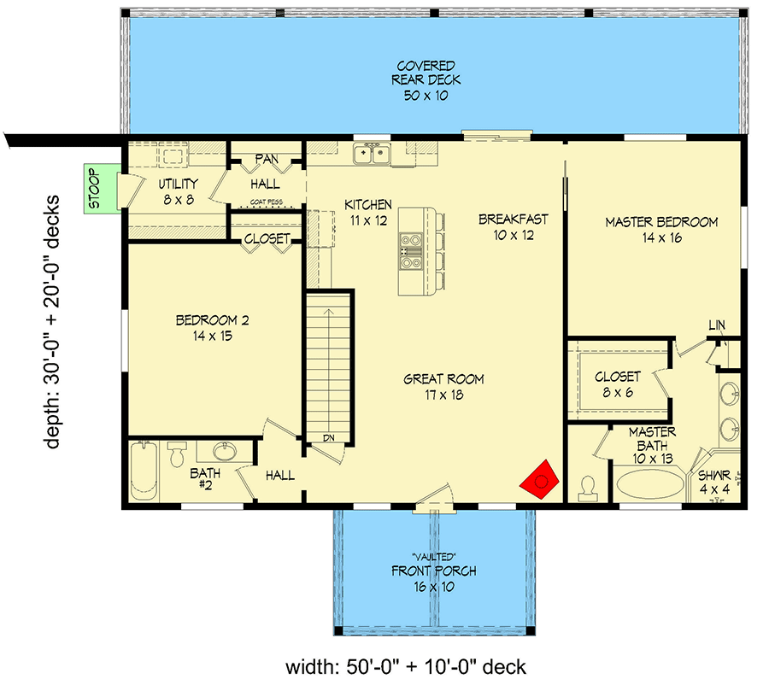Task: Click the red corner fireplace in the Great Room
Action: click(x=540, y=481)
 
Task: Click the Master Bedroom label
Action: click(x=661, y=230)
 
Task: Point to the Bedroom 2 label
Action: click(x=212, y=328)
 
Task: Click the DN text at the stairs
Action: click(x=328, y=438)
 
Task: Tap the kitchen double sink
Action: click(x=373, y=155)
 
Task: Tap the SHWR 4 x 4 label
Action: click(x=713, y=483)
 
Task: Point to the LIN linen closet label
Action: click(x=716, y=325)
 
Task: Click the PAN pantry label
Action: click(x=265, y=159)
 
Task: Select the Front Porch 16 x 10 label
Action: click(x=433, y=578)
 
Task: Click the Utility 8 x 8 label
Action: click(x=178, y=190)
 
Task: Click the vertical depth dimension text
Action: click(x=52, y=322)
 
